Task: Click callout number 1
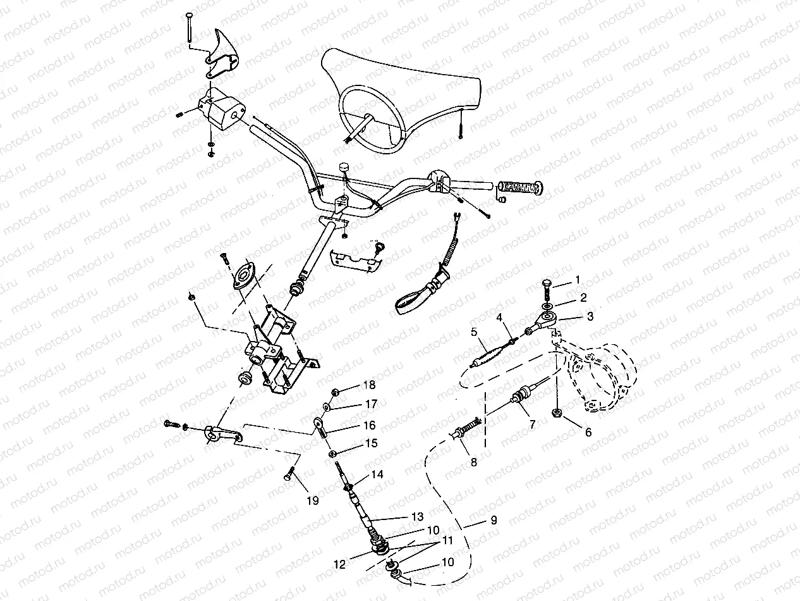[576, 279]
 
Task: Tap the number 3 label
[589, 316]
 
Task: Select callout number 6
[588, 433]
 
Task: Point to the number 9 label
[494, 520]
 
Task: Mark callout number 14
[377, 474]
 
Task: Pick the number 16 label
[368, 426]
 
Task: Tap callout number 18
[368, 385]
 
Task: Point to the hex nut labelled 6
[558, 413]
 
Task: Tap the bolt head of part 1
[547, 284]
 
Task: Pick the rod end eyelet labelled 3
[547, 318]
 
